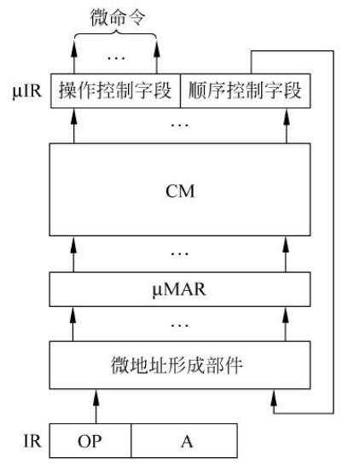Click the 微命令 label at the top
[118, 18]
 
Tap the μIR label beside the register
[27, 90]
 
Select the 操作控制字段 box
[115, 90]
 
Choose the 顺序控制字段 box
[245, 90]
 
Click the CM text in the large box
[180, 190]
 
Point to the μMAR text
[179, 289]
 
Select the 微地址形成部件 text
[177, 365]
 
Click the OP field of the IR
[90, 441]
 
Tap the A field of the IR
[184, 441]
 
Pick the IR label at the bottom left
[32, 441]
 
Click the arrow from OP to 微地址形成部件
[96, 406]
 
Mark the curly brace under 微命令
[115, 35]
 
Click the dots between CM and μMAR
[179, 253]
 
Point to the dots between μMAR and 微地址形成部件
[179, 325]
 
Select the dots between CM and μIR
[179, 125]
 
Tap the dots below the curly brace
[116, 57]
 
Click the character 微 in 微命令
[99, 18]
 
